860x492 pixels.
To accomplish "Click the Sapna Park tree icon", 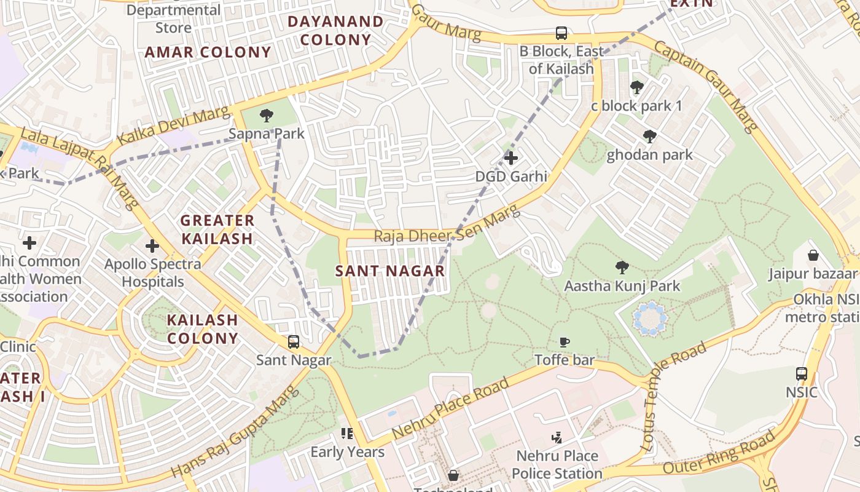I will pos(266,115).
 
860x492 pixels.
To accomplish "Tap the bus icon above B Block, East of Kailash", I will pos(561,33).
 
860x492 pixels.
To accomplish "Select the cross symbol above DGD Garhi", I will pos(510,158).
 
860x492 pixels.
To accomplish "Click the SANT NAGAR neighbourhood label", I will pos(390,271).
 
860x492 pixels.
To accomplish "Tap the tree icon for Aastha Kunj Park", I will pos(622,268).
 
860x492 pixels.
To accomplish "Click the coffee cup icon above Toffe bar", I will pos(564,342).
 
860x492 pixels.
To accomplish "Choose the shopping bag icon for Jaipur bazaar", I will pos(813,255).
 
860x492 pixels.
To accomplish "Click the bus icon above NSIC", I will pos(801,373).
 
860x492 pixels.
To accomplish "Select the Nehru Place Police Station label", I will pos(557,464).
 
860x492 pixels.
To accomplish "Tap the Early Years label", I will pos(347,452).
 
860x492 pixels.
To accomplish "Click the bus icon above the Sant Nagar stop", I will pos(294,342).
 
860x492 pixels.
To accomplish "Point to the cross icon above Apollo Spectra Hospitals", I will pos(152,247).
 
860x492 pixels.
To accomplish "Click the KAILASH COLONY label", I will pos(202,329).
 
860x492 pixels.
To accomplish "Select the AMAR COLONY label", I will pos(208,52).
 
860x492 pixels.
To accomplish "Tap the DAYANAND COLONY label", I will pos(335,31).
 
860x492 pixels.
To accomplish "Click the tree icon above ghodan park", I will pos(649,137).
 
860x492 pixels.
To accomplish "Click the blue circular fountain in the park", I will pos(650,319).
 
